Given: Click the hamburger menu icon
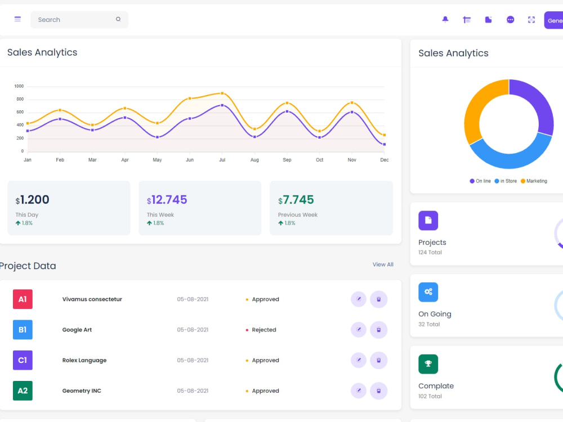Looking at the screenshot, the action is tap(17, 19).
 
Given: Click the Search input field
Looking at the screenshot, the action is tap(79, 19).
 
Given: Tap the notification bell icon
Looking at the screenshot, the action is tap(445, 19).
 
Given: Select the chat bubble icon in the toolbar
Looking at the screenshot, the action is tap(510, 20).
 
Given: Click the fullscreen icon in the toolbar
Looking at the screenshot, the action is tap(531, 20).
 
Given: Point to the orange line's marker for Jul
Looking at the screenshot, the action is tap(222, 93).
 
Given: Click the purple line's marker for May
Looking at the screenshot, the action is tap(157, 137).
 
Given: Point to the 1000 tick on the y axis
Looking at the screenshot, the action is tap(19, 86).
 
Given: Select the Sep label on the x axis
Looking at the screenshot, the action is tap(287, 160).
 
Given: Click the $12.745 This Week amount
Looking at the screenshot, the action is tap(167, 200).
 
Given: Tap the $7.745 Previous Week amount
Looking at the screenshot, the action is tap(296, 200).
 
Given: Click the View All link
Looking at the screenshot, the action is tap(383, 264).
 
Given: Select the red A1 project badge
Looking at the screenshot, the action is tap(23, 299).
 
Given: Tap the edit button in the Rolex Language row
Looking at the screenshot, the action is tap(358, 360).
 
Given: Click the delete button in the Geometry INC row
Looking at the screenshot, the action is tap(378, 391).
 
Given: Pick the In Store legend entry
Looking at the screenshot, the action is tap(506, 181).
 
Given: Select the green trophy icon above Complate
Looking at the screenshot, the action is tap(428, 364).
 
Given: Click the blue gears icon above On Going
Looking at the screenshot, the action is tap(428, 292).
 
